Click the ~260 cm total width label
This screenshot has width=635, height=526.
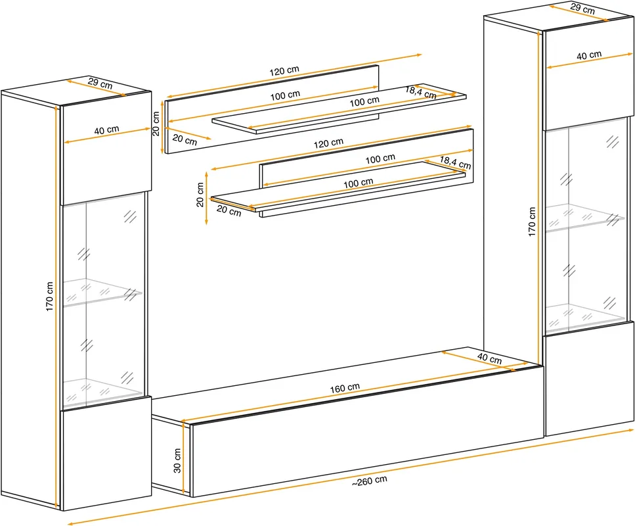pos(369,481)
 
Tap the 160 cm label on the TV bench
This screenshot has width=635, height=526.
pos(345,388)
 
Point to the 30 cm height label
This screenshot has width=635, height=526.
pos(177,460)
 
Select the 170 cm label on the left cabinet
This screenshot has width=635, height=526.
pos(49,297)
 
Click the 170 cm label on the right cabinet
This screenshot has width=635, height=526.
pos(532,222)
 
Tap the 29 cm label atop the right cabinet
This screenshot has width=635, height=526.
pos(582,9)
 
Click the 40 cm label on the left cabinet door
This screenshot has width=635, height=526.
pos(106,130)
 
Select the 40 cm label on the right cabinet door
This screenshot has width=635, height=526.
pos(589,55)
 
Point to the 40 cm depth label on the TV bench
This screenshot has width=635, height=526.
pos(489,358)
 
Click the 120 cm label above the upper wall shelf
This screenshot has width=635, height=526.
pos(284,71)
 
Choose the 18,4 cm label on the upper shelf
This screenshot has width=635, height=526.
pos(421,93)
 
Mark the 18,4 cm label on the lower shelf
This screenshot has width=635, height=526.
pos(455,162)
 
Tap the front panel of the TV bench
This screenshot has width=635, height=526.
pos(367,431)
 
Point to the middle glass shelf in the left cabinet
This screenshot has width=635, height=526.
pos(101,291)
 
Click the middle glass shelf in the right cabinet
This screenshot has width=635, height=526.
pos(585,218)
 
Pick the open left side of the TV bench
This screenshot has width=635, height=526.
pos(171,453)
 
